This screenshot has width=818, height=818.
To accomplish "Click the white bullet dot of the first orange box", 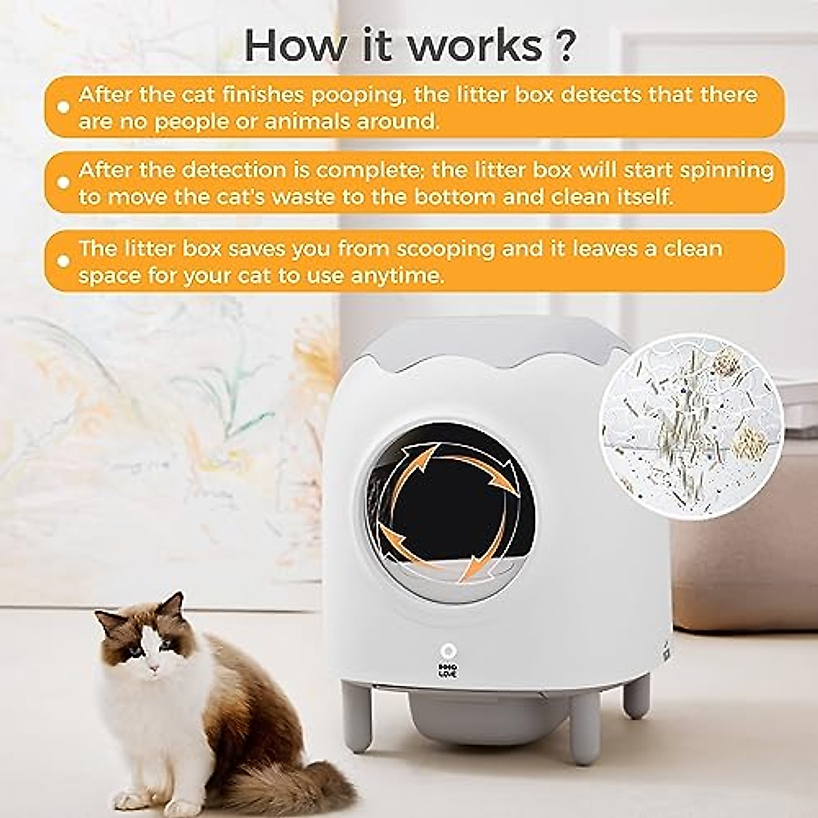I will coord(63,107).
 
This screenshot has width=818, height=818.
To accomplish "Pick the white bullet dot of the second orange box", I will coord(63,183).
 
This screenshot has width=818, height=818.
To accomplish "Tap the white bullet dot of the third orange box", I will coord(63,260).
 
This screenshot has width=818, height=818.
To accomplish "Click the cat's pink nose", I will coord(153,661).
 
